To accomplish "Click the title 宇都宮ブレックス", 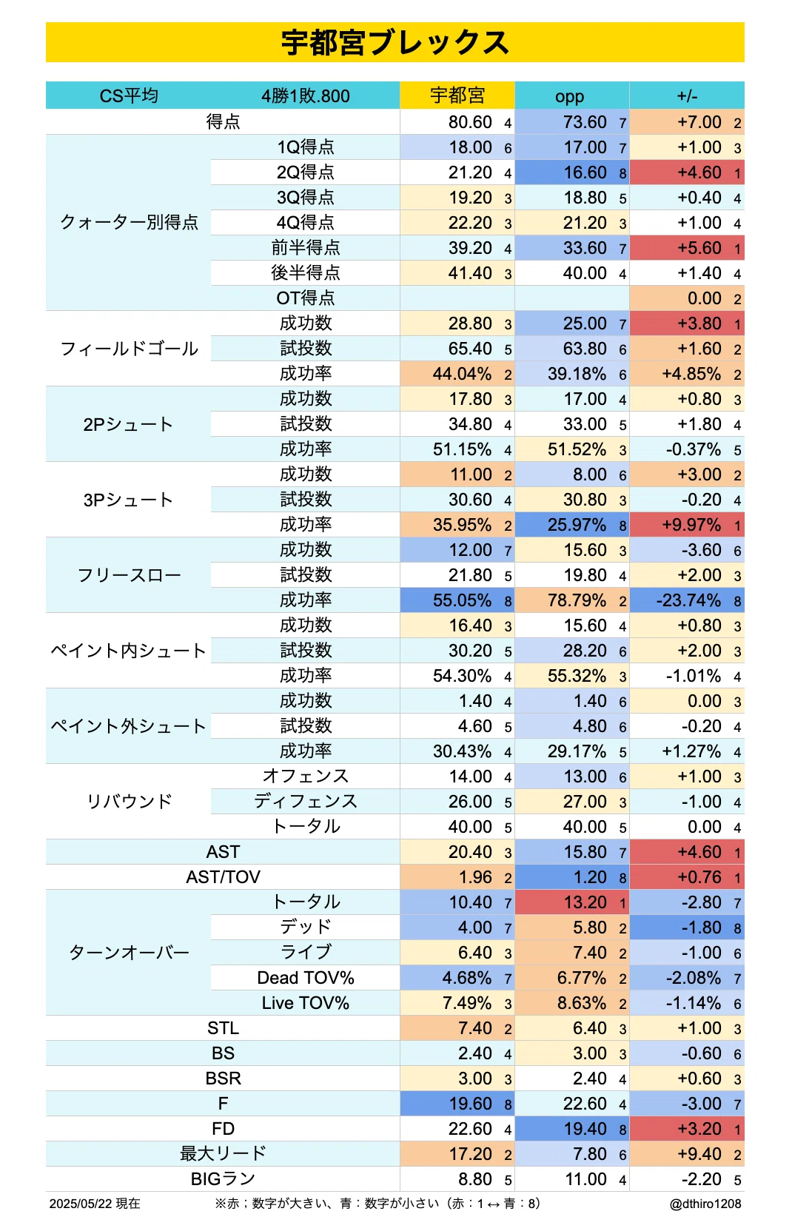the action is click(x=395, y=43).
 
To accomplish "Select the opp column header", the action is click(x=569, y=96).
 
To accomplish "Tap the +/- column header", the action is click(x=687, y=96).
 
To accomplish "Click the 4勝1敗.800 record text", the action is click(x=305, y=96).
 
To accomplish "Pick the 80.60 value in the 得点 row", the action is click(x=470, y=122).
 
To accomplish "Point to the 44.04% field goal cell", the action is click(x=462, y=373).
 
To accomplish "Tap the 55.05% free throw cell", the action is click(x=462, y=600).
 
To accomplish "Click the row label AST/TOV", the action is click(x=223, y=877).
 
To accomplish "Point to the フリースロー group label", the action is click(x=129, y=575).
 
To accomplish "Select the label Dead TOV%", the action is click(x=305, y=978).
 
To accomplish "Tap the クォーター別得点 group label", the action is click(x=129, y=222).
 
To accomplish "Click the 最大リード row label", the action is click(x=223, y=1153).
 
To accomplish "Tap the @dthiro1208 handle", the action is click(x=705, y=1204).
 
